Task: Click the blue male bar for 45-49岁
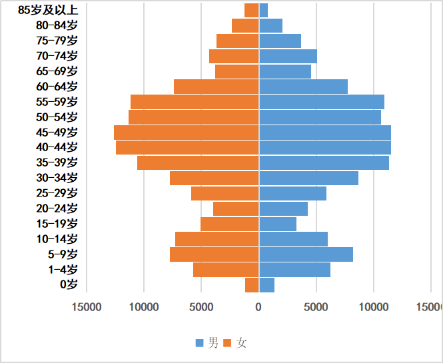pos(324,132)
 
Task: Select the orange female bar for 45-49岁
pos(187,132)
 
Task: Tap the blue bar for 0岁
pos(266,285)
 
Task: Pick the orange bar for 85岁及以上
pos(251,10)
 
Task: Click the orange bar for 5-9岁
pos(214,254)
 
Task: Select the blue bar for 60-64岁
pos(303,87)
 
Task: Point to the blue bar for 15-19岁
pos(278,224)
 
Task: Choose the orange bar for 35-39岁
pos(198,163)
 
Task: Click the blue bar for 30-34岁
pos(308,178)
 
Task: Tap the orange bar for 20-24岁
pos(236,208)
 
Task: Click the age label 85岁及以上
pos(48,10)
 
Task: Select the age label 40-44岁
pos(57,147)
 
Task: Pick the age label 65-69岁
pos(57,71)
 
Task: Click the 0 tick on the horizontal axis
pos(258,306)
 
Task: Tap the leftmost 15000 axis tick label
pos(87,306)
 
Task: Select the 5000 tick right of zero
pos(316,306)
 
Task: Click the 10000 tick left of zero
pos(144,306)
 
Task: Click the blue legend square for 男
pos(200,343)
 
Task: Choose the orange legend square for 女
pos(227,343)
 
